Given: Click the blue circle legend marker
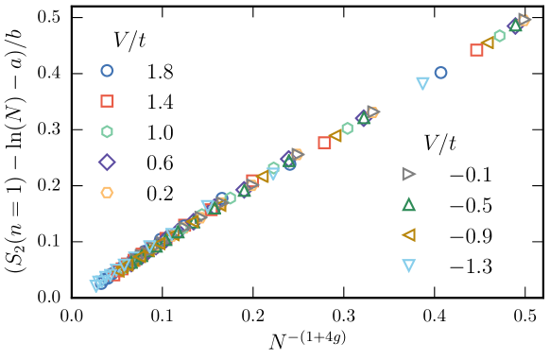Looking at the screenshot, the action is (107, 71).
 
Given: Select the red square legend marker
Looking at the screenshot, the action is (107, 101).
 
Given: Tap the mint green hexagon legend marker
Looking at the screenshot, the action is (107, 131).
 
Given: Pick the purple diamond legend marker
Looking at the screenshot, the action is (107, 162).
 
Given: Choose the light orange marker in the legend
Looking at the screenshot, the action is (107, 193).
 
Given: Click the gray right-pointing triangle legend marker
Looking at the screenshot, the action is (408, 174).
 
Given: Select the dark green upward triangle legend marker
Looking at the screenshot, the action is (408, 204).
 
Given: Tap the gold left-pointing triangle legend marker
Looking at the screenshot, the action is (408, 235).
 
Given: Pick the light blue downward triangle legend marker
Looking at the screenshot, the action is (408, 266).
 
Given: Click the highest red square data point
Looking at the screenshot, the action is (476, 50).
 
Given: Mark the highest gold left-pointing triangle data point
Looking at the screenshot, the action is (488, 43).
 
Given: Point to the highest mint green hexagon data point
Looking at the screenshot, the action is (499, 36).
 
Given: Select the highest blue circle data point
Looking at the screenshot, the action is (440, 73).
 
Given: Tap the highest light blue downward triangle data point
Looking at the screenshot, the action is (422, 83).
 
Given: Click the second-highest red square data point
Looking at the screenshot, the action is (324, 143).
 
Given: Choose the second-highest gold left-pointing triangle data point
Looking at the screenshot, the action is (335, 136).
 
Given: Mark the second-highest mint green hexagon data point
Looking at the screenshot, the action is (347, 129).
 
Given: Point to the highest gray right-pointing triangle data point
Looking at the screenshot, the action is (525, 19).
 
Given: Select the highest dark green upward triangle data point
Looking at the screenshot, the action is (515, 26).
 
